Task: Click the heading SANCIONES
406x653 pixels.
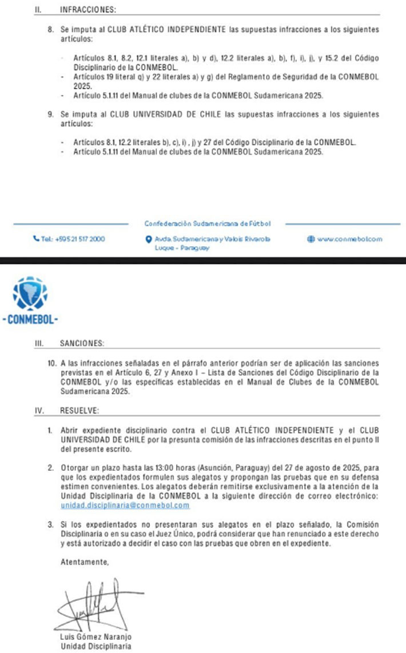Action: [x=82, y=343]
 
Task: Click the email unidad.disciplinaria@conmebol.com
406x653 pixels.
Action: [x=125, y=506]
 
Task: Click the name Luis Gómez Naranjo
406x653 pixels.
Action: [x=96, y=637]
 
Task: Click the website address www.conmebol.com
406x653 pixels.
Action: [x=350, y=239]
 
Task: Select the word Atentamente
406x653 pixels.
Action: [x=84, y=562]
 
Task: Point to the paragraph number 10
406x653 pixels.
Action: [x=53, y=363]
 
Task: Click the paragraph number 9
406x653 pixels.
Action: [x=51, y=115]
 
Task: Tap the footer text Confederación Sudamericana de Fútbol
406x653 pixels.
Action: [x=207, y=223]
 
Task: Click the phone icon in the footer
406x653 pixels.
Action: [x=35, y=239]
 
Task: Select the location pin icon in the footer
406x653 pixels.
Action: [x=148, y=239]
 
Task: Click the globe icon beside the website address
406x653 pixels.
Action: [x=311, y=239]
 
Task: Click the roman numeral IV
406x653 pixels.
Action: [x=39, y=410]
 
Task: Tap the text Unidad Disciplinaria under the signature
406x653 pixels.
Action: [x=95, y=646]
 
